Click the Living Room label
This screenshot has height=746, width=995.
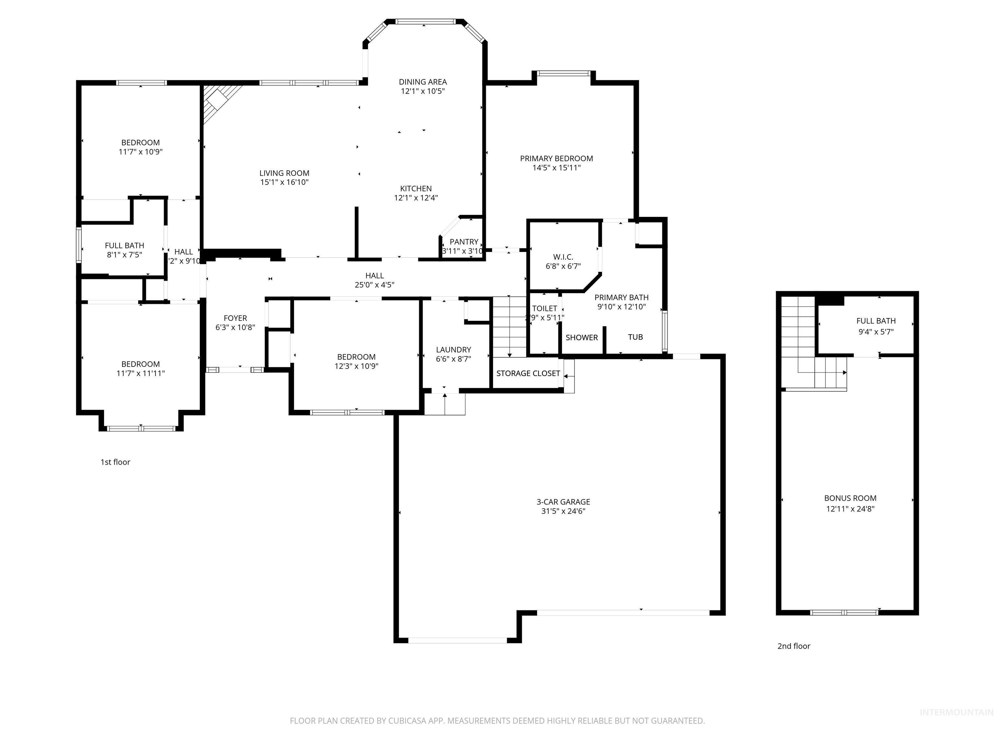[284, 173]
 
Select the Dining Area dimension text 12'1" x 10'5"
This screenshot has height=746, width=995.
[423, 91]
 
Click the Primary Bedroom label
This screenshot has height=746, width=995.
[556, 158]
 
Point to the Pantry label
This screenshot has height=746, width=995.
[464, 242]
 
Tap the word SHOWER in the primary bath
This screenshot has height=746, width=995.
[582, 338]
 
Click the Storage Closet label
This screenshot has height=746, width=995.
[528, 373]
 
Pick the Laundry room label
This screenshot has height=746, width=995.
[453, 349]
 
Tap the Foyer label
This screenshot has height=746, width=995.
[235, 318]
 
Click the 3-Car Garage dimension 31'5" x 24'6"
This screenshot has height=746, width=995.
[563, 511]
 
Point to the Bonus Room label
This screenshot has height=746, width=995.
[850, 498]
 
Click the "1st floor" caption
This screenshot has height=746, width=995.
[115, 462]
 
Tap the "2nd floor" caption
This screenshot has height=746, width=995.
[794, 646]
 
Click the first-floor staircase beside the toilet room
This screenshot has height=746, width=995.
[509, 326]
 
